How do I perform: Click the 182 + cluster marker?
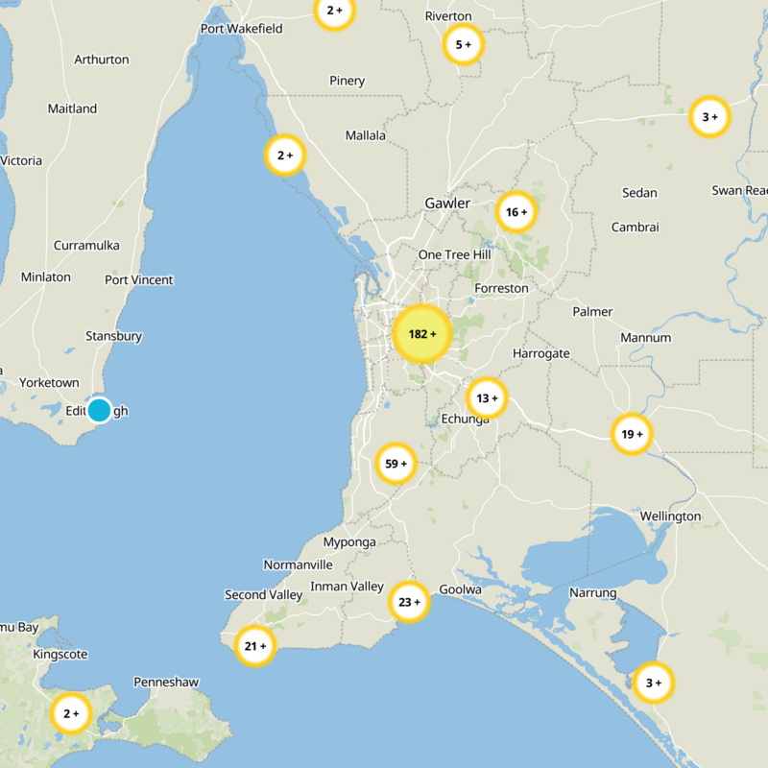(x=421, y=334)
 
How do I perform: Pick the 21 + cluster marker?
(x=256, y=647)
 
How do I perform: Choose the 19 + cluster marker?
(x=632, y=434)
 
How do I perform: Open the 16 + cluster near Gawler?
(x=516, y=212)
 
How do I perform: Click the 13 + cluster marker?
(x=488, y=398)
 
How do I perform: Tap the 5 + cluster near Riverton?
(x=464, y=44)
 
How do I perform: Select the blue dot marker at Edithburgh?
(x=99, y=410)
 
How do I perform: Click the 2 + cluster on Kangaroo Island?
(x=71, y=713)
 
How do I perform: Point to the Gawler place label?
(x=447, y=204)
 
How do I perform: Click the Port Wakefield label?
(x=241, y=29)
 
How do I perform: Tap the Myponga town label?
(x=349, y=542)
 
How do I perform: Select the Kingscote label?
(x=60, y=655)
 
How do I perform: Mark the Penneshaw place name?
(x=166, y=683)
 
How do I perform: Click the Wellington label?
(x=670, y=516)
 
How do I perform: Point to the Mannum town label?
(x=645, y=338)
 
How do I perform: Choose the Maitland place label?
(x=72, y=109)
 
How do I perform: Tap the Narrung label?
(x=592, y=593)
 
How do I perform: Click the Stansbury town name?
(x=113, y=337)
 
